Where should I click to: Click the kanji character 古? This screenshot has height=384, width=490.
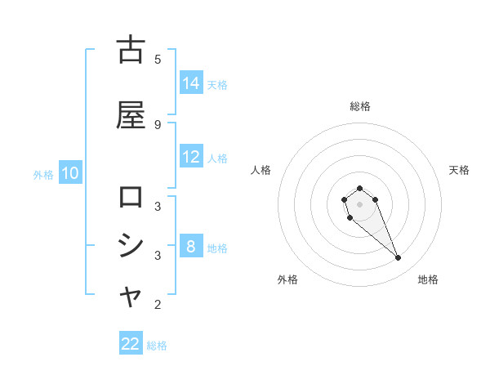tap(131, 50)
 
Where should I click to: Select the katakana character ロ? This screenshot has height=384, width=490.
tap(131, 197)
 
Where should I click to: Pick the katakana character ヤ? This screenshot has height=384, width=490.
tap(131, 297)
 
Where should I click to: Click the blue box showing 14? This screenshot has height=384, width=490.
tap(191, 83)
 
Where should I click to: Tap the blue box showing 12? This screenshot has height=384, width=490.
tap(191, 158)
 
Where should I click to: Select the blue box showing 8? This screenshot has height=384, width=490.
tap(191, 247)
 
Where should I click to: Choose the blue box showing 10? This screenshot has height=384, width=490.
tap(69, 173)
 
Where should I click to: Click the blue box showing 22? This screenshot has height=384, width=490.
tap(131, 344)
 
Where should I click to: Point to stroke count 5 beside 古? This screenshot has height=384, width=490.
tap(158, 59)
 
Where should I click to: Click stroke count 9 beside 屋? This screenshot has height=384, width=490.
tap(158, 124)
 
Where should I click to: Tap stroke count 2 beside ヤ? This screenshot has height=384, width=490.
tap(158, 306)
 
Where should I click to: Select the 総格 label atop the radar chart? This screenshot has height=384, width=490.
tap(360, 106)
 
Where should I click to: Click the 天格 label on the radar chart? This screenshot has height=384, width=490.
tap(460, 170)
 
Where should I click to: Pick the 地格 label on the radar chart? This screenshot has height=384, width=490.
tap(428, 279)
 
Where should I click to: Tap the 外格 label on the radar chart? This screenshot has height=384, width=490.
tap(287, 279)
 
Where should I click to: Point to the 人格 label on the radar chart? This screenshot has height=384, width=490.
tap(261, 170)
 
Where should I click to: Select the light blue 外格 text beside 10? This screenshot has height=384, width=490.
tap(43, 174)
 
